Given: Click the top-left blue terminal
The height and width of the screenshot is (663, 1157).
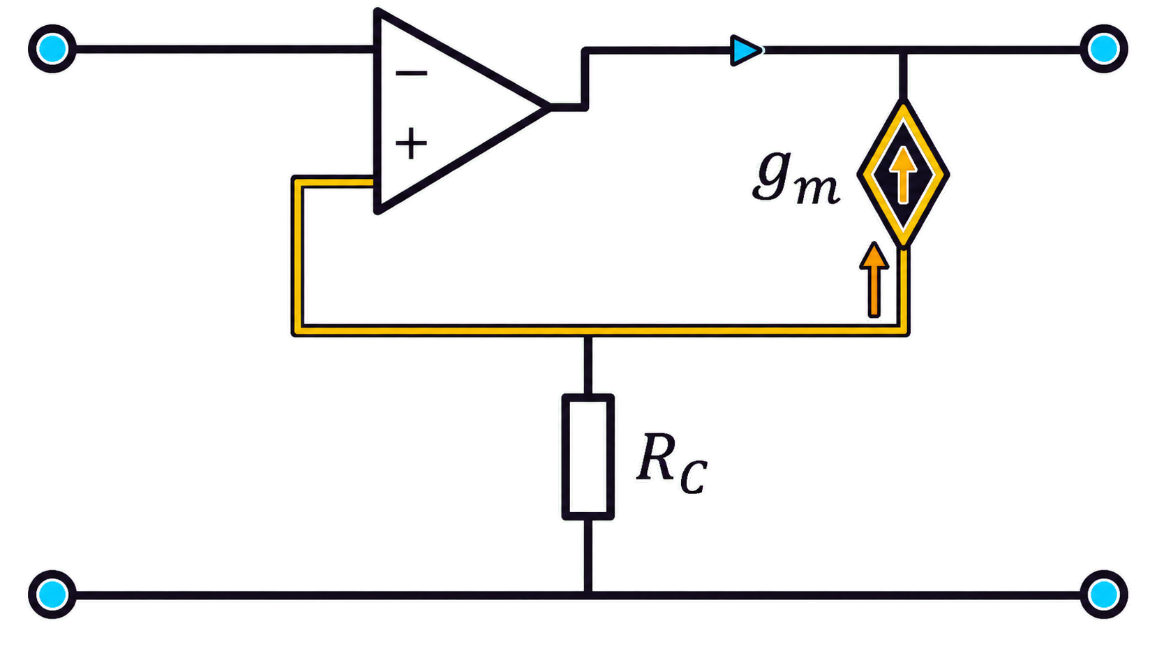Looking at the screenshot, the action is coord(52,49).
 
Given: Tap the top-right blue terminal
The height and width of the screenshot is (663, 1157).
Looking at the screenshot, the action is coord(1104,49).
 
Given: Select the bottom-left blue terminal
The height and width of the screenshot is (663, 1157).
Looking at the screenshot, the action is coord(52,595).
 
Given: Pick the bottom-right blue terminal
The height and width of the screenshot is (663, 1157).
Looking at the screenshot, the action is coord(1104,595).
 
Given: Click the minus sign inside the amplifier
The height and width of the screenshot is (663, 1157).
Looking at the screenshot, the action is coord(411,73).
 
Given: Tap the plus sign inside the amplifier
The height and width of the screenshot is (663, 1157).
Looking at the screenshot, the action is coord(411,143).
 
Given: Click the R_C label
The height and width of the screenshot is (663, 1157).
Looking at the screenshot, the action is coord(671,464).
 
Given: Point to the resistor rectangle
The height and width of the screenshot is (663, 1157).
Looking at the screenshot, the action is coord(588,457).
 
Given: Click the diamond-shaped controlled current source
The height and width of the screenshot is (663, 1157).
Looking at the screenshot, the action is coord(903,174).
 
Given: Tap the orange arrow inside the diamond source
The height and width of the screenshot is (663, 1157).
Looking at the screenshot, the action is coord(904,174).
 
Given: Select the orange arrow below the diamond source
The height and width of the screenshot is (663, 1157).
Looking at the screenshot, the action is coord(874,279).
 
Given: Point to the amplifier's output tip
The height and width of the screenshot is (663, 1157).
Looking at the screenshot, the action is coord(549,107).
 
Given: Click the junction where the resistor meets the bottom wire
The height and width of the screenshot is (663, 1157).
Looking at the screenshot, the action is coord(588,595).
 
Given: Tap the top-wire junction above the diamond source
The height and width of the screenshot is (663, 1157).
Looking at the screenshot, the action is coord(903,50).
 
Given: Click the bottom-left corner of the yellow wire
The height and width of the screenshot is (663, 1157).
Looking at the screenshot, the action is coord(297,330).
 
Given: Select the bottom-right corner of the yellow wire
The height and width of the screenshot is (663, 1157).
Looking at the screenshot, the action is coord(904,330).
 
